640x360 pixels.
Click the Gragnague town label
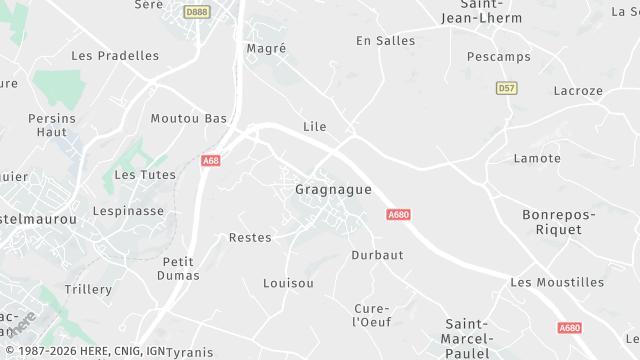(x=333, y=189)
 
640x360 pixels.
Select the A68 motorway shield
(x=211, y=160)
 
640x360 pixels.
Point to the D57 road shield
(x=506, y=88)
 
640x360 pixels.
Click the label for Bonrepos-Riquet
(x=559, y=222)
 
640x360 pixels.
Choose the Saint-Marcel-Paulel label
(x=465, y=338)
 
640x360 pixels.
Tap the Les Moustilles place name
(x=557, y=282)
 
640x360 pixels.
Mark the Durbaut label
(x=377, y=255)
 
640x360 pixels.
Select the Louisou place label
(x=288, y=283)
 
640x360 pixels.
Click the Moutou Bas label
(x=189, y=118)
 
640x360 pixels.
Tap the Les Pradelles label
(x=115, y=56)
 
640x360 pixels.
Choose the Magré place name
(x=266, y=48)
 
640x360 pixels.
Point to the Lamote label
(x=537, y=158)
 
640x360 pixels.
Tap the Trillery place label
(x=88, y=289)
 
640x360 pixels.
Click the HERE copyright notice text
(x=85, y=352)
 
